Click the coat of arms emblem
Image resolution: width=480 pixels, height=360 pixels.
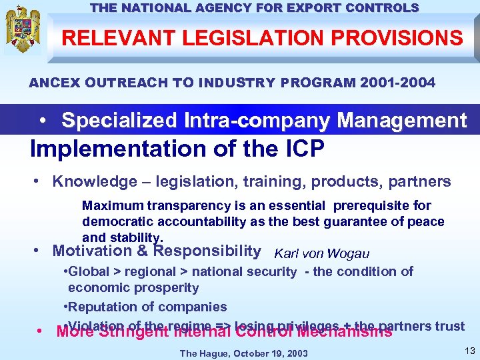point(23,30)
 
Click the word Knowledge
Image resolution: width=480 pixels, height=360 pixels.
point(93,181)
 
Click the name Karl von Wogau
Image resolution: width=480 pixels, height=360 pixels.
point(321,253)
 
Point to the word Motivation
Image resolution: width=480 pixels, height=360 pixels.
point(93,251)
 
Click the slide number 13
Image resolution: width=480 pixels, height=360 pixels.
point(468,351)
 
